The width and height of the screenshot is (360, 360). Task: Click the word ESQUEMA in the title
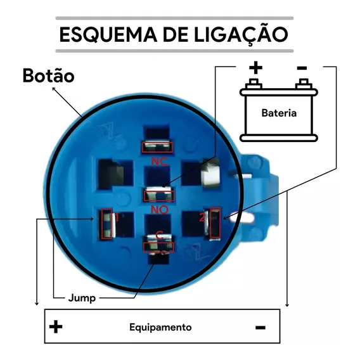(108, 34)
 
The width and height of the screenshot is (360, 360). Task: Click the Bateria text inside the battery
(279, 113)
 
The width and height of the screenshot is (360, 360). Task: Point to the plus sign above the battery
(256, 68)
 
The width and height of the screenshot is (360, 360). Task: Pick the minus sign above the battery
(302, 68)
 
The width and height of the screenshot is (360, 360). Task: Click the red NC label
(159, 162)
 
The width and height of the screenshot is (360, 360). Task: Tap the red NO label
(160, 210)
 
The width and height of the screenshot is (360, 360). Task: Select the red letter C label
(159, 236)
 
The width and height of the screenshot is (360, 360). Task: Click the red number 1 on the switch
(117, 217)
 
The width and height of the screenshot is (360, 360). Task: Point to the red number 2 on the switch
(202, 217)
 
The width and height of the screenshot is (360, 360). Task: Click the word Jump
(82, 299)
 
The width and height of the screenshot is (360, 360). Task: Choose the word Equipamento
(160, 327)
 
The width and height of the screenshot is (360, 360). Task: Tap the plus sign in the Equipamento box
(56, 326)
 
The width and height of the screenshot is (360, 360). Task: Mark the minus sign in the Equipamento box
(260, 328)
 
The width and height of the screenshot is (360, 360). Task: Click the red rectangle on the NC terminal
(157, 147)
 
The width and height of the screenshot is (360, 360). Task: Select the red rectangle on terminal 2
(215, 223)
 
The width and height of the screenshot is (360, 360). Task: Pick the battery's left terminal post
(254, 84)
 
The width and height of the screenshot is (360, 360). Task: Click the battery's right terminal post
(304, 84)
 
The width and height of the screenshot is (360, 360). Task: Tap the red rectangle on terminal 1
(106, 224)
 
